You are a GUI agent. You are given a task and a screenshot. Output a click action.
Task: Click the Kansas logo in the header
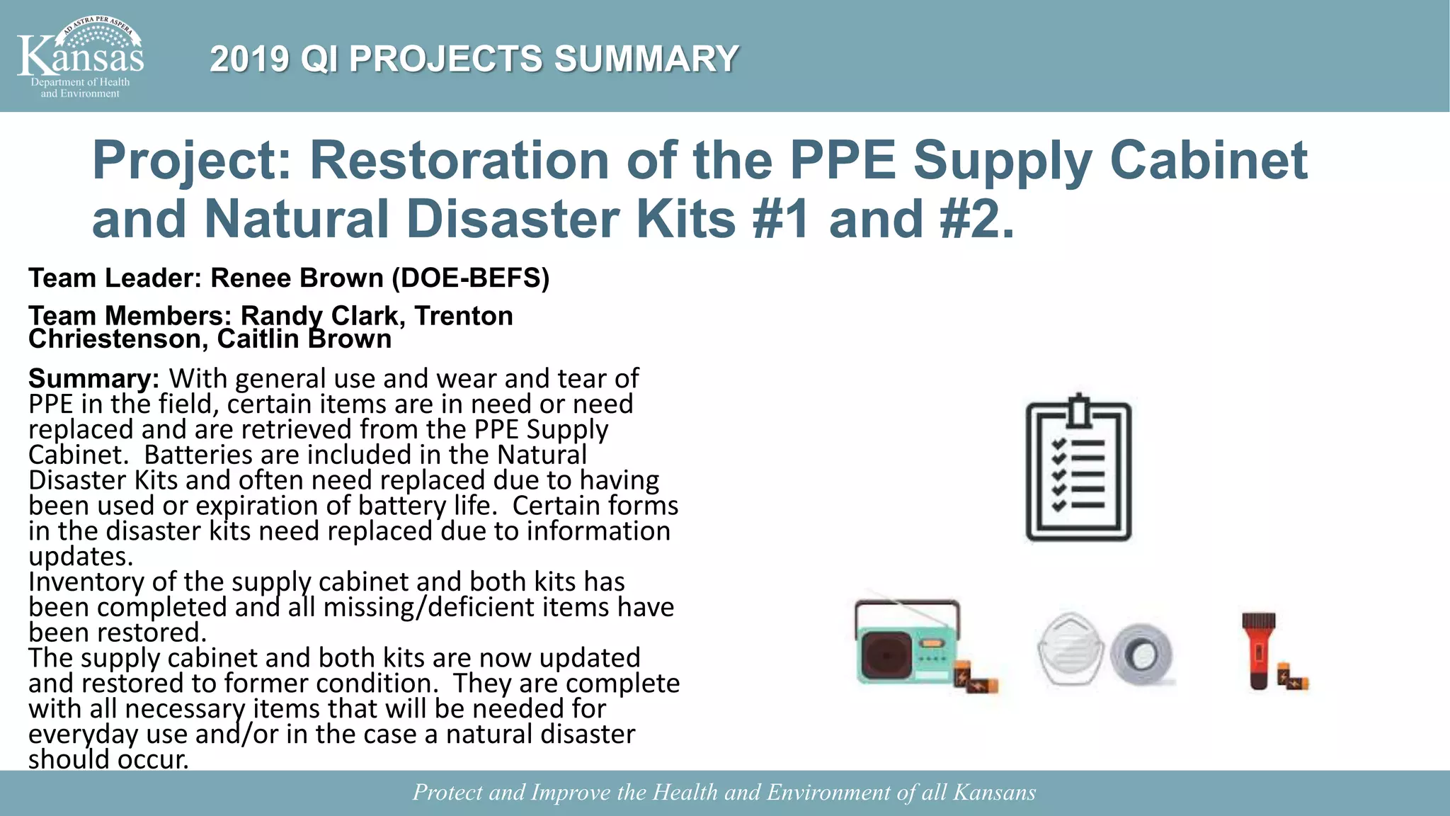(80, 57)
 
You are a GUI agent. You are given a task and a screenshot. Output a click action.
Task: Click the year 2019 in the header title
(249, 59)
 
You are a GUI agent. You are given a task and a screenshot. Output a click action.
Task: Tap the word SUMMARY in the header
(646, 59)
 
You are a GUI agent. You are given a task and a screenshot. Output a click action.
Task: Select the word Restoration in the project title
(459, 160)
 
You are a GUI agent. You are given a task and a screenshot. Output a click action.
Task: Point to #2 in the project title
(976, 219)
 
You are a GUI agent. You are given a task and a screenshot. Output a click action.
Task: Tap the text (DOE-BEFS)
(470, 278)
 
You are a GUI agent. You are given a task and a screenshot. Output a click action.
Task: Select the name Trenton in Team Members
(464, 316)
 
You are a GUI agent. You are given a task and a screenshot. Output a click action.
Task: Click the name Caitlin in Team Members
(258, 339)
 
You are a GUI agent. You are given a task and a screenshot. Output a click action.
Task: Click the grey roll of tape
(1141, 655)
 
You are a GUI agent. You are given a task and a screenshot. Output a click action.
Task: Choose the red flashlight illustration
(1258, 650)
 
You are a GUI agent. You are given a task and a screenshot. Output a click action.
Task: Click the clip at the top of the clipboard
(1078, 411)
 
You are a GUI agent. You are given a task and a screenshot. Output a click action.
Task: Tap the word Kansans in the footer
(994, 792)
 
